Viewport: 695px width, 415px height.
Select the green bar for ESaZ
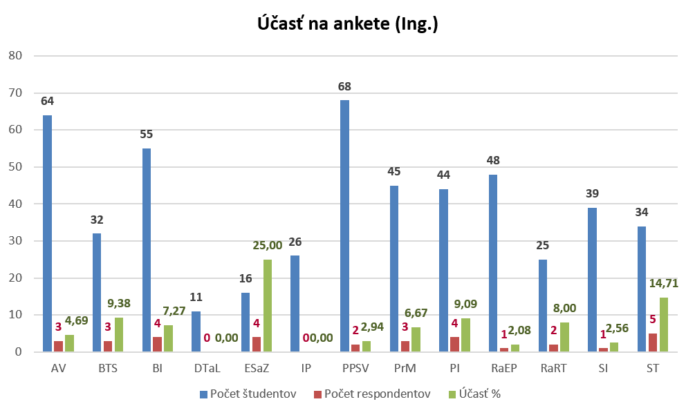(x=267, y=305)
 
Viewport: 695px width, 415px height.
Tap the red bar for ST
(x=654, y=342)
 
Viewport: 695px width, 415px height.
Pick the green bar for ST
(x=664, y=325)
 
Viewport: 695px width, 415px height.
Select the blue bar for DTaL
(x=196, y=331)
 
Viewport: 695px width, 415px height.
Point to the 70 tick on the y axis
(x=15, y=93)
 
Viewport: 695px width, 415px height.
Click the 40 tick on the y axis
(x=15, y=204)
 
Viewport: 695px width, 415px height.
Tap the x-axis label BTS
(x=107, y=368)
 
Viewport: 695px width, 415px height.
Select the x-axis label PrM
(x=405, y=368)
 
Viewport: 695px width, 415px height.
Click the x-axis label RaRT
(x=554, y=368)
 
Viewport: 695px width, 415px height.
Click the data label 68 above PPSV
(x=344, y=87)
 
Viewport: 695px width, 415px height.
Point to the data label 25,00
(x=268, y=244)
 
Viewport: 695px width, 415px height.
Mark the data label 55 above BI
(x=147, y=134)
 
